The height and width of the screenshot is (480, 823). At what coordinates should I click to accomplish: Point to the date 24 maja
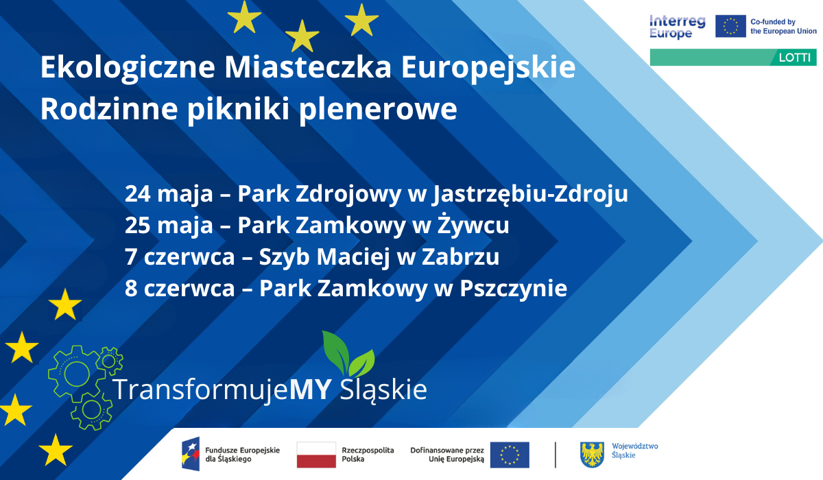coord(169,194)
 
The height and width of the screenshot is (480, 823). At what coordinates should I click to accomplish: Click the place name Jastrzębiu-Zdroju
coord(530,195)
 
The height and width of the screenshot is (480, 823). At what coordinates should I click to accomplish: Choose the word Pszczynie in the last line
coord(514,289)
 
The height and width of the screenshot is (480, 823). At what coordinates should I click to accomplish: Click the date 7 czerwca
coord(179,258)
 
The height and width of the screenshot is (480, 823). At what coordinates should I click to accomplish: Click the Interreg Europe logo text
coord(677,27)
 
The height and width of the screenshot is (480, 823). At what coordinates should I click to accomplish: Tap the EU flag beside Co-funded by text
coord(730,27)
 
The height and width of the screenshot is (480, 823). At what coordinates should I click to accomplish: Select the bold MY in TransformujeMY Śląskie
coord(311,389)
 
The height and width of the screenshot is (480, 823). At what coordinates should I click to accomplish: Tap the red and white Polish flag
coord(316,455)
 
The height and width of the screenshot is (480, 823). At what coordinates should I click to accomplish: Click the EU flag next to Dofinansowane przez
coord(510,455)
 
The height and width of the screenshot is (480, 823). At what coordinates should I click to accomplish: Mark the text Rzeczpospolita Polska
coord(368,454)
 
